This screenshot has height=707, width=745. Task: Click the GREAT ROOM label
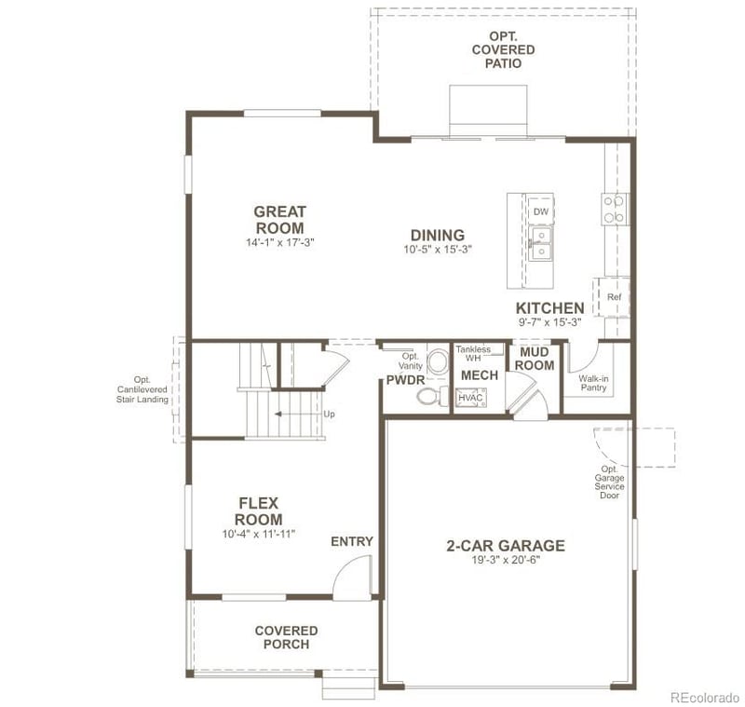pyautogui.click(x=279, y=220)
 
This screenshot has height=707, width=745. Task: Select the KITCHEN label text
pyautogui.click(x=550, y=308)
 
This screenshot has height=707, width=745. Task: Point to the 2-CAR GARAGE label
pyautogui.click(x=506, y=546)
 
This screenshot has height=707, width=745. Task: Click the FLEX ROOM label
pyautogui.click(x=258, y=511)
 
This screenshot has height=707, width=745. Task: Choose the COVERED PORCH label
pyautogui.click(x=286, y=637)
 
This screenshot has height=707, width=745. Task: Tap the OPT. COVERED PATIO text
pyautogui.click(x=503, y=49)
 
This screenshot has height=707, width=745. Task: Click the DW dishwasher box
pyautogui.click(x=540, y=212)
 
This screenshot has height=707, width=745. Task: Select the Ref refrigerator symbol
pyautogui.click(x=614, y=297)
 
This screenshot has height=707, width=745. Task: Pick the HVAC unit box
pyautogui.click(x=470, y=398)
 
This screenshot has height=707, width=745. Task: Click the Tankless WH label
pyautogui.click(x=473, y=353)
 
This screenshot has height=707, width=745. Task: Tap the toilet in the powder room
pyautogui.click(x=428, y=398)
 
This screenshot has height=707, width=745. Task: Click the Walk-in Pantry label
pyautogui.click(x=593, y=383)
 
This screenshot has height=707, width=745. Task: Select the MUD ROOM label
pyautogui.click(x=535, y=359)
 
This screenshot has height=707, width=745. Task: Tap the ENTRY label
pyautogui.click(x=352, y=541)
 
